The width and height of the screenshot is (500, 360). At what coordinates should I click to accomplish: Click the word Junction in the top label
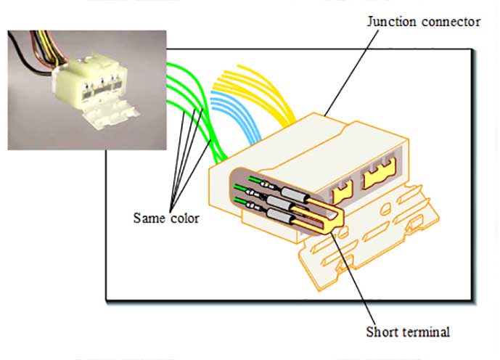(392, 22)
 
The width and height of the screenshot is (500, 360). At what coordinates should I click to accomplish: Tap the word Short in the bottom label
(380, 332)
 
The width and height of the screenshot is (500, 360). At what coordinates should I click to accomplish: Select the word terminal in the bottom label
(423, 332)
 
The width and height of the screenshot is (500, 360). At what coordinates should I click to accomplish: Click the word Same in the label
(149, 218)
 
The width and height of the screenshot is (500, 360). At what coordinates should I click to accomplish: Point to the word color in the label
(185, 218)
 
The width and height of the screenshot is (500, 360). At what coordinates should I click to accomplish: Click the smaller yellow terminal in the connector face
(343, 192)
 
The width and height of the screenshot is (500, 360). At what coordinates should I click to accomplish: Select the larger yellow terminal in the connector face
(380, 173)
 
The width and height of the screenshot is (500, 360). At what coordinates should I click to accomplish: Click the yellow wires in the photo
(51, 46)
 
